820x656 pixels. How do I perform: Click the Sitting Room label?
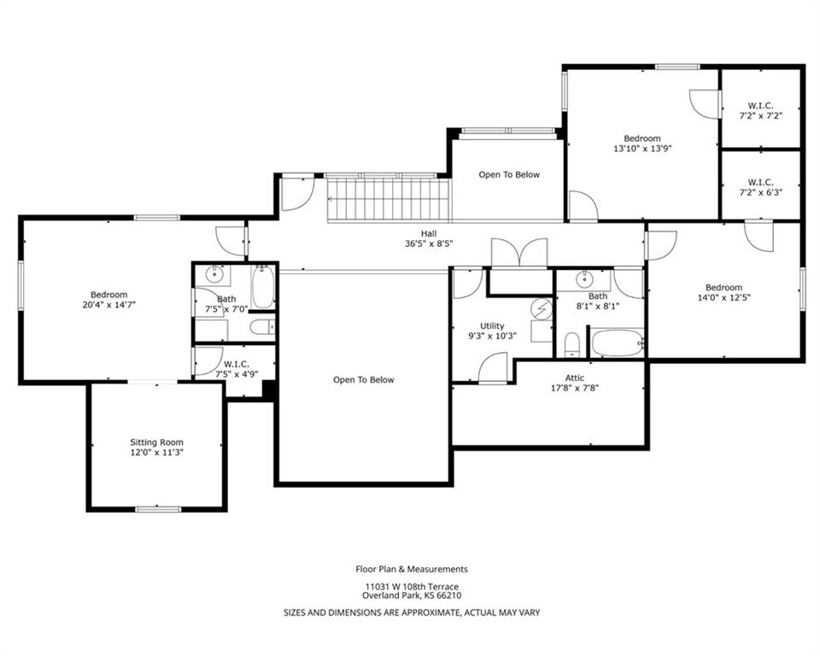[157, 442]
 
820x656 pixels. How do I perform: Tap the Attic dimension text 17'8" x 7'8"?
[575, 388]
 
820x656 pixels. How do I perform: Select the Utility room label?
[492, 326]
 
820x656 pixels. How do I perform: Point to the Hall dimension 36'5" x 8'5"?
[429, 243]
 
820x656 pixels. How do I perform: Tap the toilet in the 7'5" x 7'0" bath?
[262, 327]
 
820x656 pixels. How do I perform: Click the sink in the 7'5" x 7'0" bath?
[214, 274]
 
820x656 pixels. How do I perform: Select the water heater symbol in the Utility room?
[542, 309]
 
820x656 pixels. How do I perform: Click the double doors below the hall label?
[519, 254]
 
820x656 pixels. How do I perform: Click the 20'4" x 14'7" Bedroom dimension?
[108, 304]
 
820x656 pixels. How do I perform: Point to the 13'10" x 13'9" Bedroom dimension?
[642, 148]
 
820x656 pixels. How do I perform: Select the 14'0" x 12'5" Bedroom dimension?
[723, 297]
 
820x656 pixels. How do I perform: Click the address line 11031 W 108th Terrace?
[412, 587]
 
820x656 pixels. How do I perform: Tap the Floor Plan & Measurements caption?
[412, 569]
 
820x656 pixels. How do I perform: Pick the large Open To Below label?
[364, 380]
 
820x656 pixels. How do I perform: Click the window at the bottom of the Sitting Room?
[158, 509]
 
